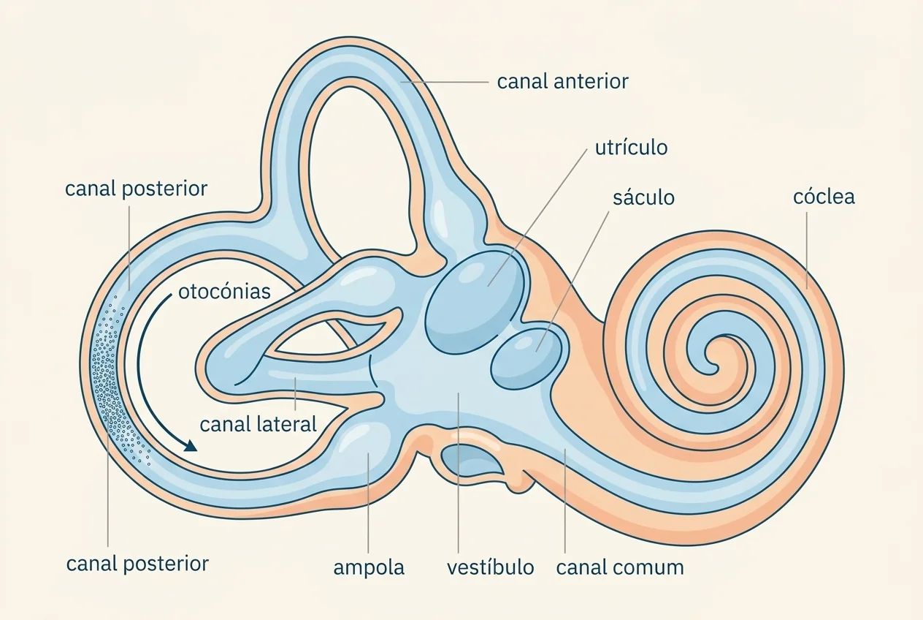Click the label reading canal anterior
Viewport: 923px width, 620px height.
click(562, 82)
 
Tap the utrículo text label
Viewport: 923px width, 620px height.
click(631, 148)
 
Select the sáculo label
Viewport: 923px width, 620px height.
click(643, 197)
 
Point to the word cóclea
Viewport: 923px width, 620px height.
click(824, 197)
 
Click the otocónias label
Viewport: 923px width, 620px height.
click(224, 291)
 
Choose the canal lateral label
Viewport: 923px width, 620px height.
click(258, 424)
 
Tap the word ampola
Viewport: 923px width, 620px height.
click(369, 568)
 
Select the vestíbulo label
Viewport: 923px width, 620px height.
click(491, 567)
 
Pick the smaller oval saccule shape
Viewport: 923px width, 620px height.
click(526, 358)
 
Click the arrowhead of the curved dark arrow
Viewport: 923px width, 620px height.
click(191, 445)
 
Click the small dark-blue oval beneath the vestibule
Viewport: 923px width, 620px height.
click(472, 461)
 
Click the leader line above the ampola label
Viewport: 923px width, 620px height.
click(368, 503)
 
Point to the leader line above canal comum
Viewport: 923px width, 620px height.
click(564, 501)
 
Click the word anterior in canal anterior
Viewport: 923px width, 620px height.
click(591, 82)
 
